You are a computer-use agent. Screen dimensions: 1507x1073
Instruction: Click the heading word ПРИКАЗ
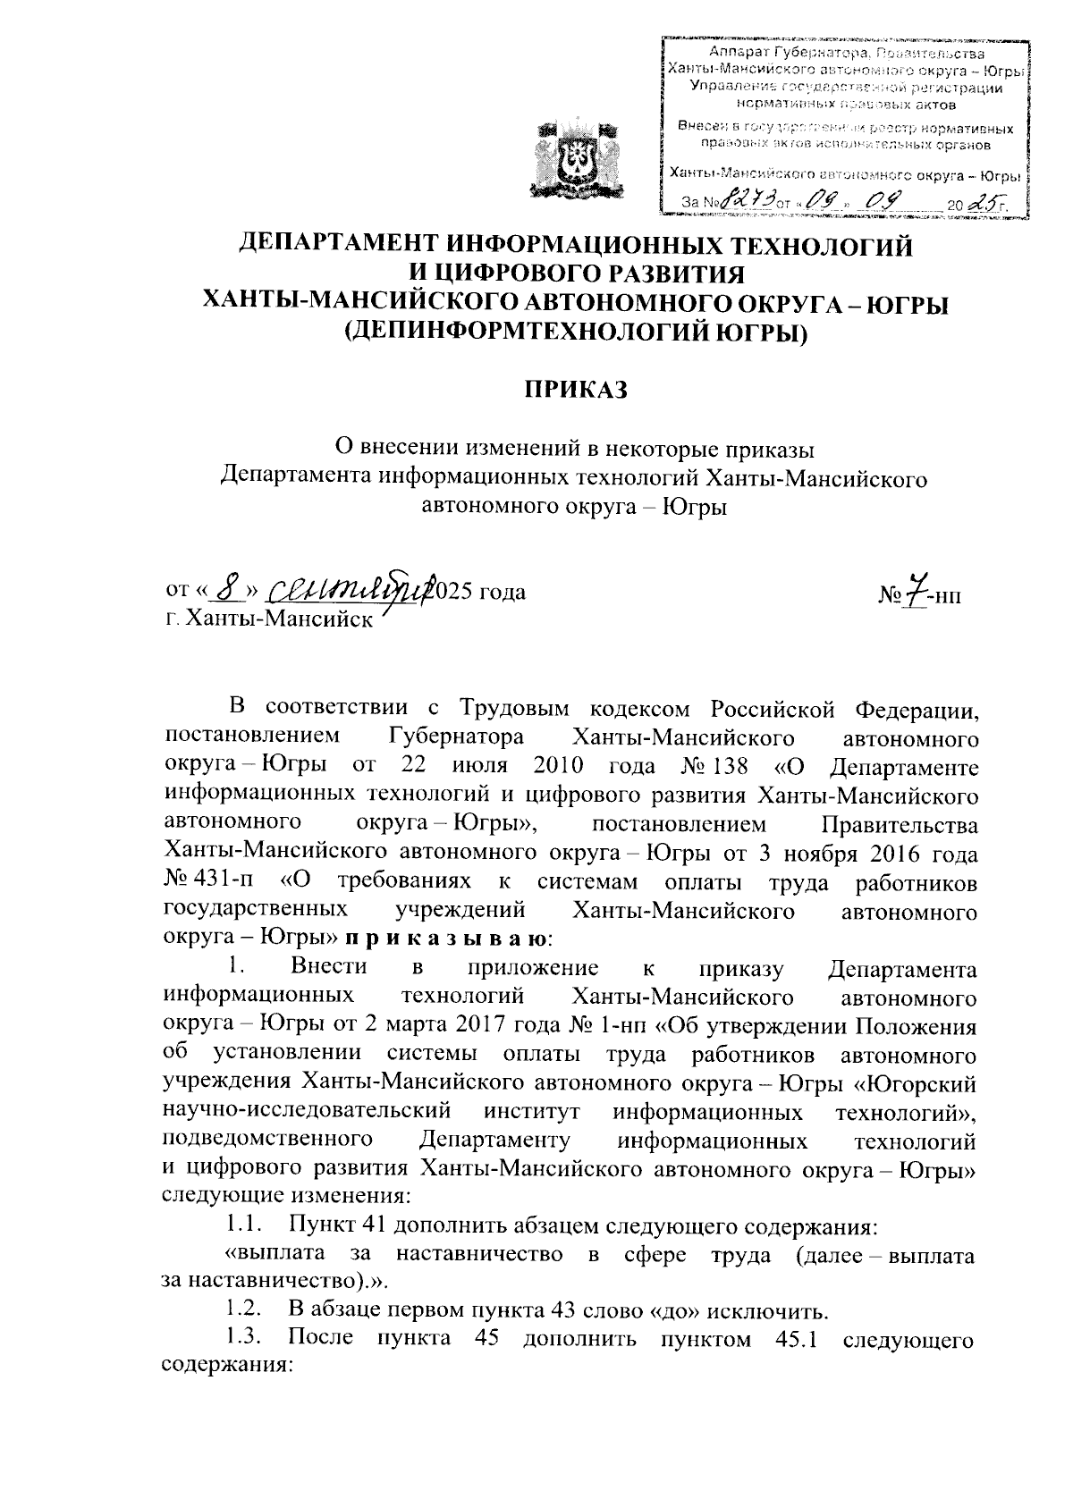tap(576, 390)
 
